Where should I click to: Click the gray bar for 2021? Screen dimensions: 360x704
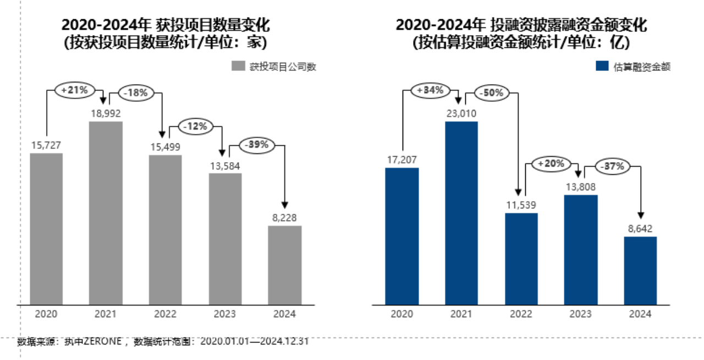[106, 212]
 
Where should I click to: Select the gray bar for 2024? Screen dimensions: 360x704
[285, 264]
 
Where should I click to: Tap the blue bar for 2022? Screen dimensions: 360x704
[521, 258]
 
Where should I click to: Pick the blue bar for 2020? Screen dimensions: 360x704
[402, 236]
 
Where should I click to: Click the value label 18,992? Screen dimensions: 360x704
[106, 113]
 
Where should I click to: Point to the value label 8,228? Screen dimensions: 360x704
[285, 218]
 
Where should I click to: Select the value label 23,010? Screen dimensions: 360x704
[461, 114]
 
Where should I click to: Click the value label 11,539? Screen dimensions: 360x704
[521, 205]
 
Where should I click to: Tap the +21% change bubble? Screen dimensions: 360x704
[75, 91]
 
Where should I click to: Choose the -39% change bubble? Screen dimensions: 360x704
[256, 145]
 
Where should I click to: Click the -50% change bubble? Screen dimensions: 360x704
[492, 93]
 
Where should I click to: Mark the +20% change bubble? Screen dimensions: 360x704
[552, 164]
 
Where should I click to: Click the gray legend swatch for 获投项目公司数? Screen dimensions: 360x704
[238, 67]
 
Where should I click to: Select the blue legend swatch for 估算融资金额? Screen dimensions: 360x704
[601, 67]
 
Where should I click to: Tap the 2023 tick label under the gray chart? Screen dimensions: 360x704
[225, 314]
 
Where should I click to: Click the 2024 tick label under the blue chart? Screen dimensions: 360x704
[640, 314]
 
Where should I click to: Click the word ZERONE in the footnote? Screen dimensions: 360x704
[104, 341]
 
